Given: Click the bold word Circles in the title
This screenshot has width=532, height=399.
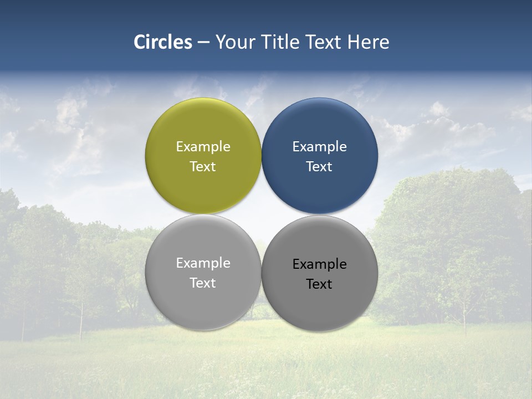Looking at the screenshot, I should coord(162,42).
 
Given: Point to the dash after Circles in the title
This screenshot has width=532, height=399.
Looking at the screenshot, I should coord(203,43).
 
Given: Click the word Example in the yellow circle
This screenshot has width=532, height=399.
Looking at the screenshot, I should coord(203,147).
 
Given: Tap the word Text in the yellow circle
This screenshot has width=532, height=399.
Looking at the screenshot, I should coord(203,167).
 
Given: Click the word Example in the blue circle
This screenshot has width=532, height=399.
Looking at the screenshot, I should coord(319,147).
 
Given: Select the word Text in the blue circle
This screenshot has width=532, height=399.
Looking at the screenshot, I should coord(319,167).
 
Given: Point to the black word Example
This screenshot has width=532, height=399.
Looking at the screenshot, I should coord(319,264).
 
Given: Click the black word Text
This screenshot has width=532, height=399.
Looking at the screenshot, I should coord(319,284).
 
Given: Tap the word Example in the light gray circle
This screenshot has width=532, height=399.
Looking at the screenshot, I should coord(203,263).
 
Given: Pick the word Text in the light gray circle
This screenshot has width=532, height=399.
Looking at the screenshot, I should coord(203,283).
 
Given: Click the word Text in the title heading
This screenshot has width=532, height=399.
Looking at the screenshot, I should coord(324,42).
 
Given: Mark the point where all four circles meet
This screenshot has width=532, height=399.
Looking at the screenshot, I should coord(262,214).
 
